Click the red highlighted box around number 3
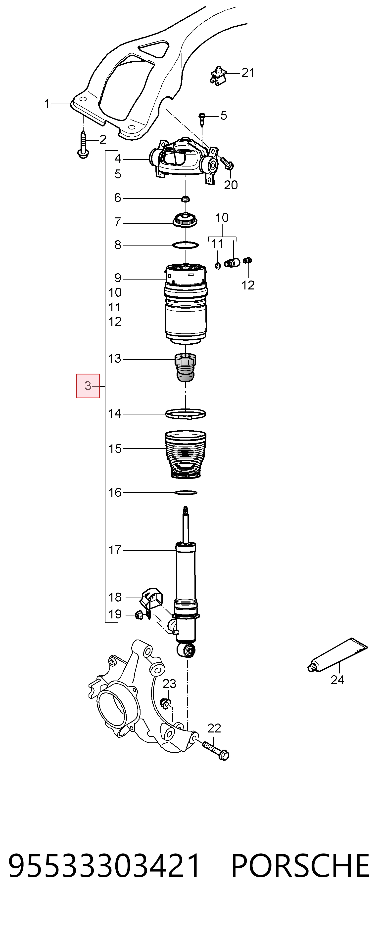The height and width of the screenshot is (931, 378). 88,386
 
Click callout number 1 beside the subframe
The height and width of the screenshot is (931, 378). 47,104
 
